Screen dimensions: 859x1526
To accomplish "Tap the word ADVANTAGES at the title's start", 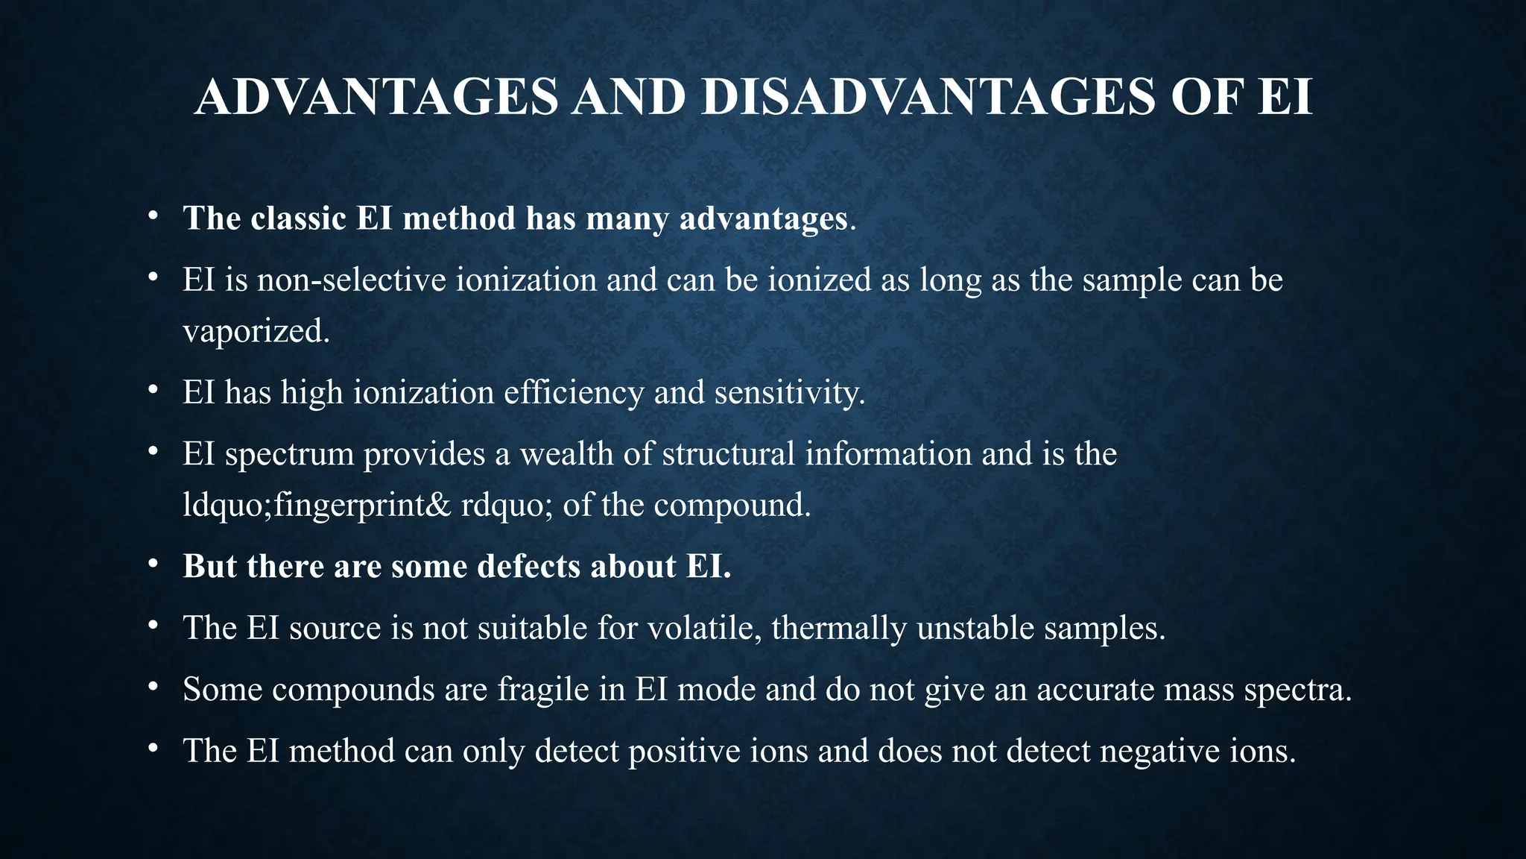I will click(376, 97).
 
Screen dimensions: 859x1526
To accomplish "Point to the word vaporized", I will click(256, 331).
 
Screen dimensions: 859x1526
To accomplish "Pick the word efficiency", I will click(574, 393).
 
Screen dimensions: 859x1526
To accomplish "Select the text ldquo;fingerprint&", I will click(317, 506).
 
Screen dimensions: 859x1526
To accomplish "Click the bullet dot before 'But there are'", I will click(152, 564).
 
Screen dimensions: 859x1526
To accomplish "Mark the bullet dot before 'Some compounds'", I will click(152, 687).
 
